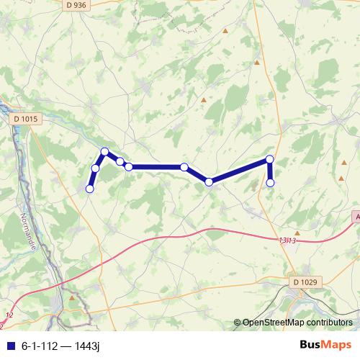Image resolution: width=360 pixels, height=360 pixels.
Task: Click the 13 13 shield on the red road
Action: pyautogui.click(x=286, y=240)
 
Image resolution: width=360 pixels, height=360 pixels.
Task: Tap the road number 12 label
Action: pyautogui.click(x=9, y=315)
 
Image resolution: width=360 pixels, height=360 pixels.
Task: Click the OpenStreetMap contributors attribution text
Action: pyautogui.click(x=297, y=323)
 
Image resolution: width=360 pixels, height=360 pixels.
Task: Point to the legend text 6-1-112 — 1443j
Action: pyautogui.click(x=60, y=346)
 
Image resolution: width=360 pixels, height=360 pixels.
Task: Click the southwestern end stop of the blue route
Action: pyautogui.click(x=90, y=189)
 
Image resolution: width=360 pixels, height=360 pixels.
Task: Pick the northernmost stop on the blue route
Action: pyautogui.click(x=105, y=151)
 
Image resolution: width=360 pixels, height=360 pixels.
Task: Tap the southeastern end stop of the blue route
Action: pyautogui.click(x=271, y=183)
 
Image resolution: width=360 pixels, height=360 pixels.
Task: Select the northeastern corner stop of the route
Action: pyautogui.click(x=270, y=159)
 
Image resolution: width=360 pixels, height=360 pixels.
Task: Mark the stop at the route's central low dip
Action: pyautogui.click(x=209, y=182)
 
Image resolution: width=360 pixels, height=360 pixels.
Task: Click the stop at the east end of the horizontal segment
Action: pyautogui.click(x=184, y=167)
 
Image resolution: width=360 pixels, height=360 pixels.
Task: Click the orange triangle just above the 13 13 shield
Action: pyautogui.click(x=297, y=232)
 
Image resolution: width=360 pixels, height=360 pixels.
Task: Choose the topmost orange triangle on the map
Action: pyautogui.click(x=225, y=31)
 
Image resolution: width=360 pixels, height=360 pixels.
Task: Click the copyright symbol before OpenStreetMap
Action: pyautogui.click(x=238, y=323)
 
